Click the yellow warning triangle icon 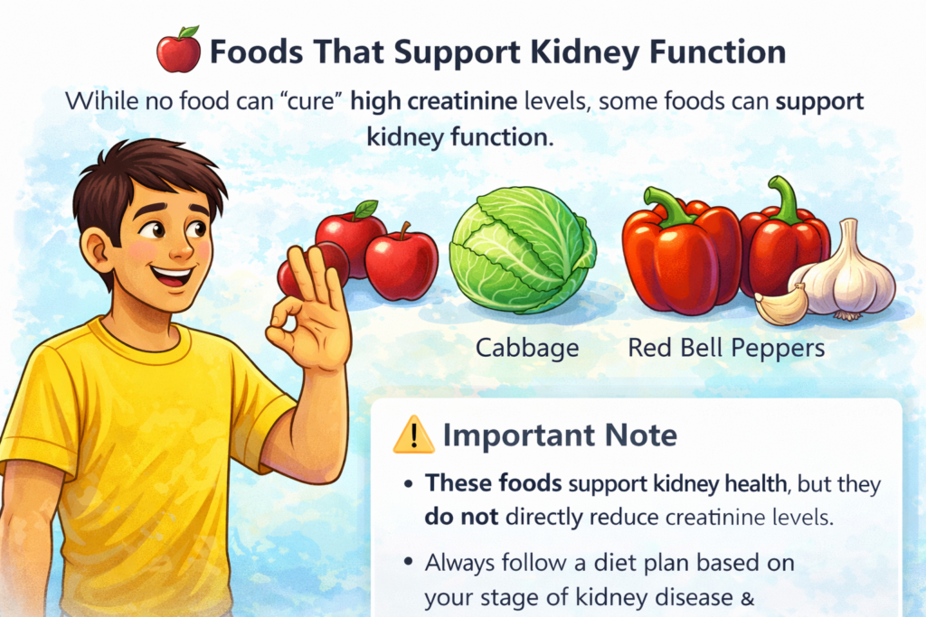413,436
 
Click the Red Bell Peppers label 726,346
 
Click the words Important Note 559,436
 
